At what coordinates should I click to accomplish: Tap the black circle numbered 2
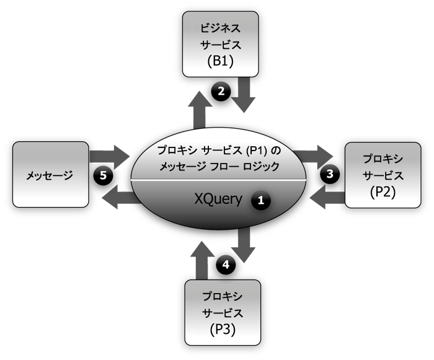tap(220, 91)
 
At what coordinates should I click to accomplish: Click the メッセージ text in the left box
tap(50, 175)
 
